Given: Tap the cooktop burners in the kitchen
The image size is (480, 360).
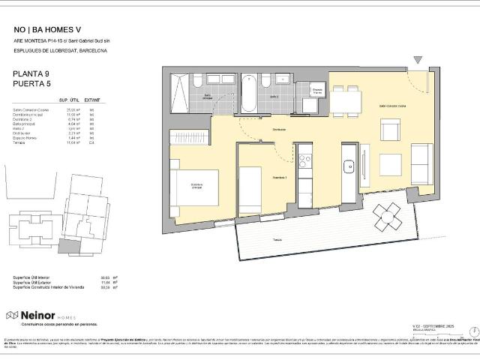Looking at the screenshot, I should click(x=304, y=160).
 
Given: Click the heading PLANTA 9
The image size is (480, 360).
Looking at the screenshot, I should click(x=31, y=74).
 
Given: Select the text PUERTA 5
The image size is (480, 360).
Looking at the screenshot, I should click(x=31, y=84).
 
